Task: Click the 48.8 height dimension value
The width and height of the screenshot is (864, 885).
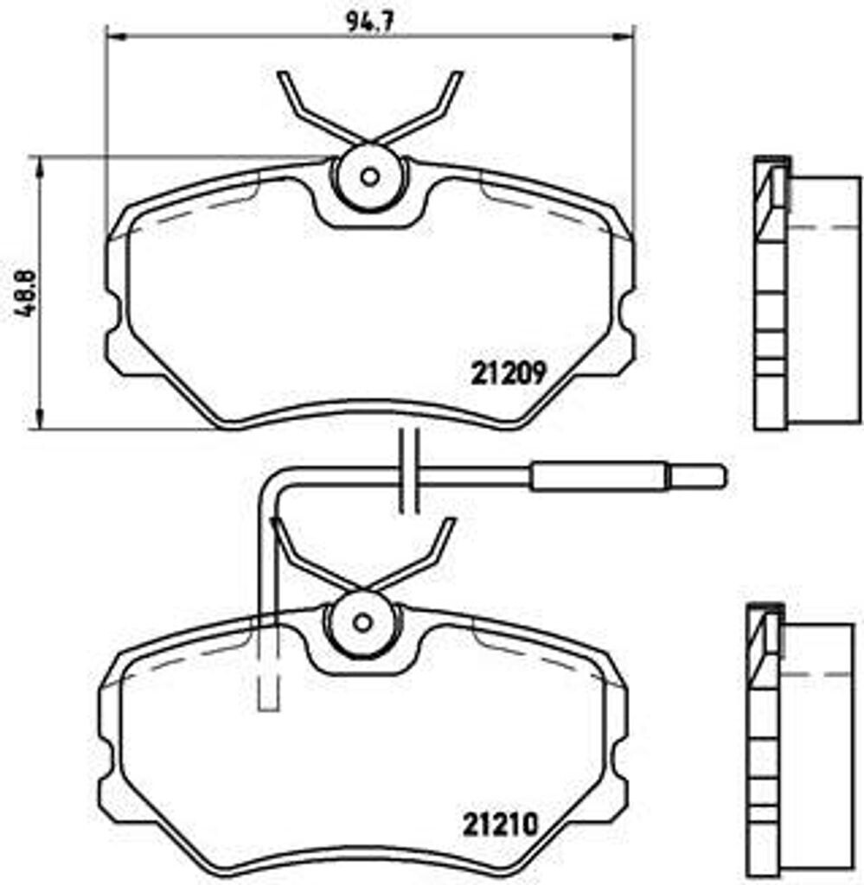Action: tap(23, 294)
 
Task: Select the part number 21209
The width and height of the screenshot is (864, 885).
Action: tap(508, 373)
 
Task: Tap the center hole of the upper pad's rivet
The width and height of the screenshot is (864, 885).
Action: tap(369, 177)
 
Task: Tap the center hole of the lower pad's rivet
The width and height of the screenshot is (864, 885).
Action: tap(362, 622)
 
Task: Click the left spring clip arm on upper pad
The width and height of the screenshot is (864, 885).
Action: tap(303, 108)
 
